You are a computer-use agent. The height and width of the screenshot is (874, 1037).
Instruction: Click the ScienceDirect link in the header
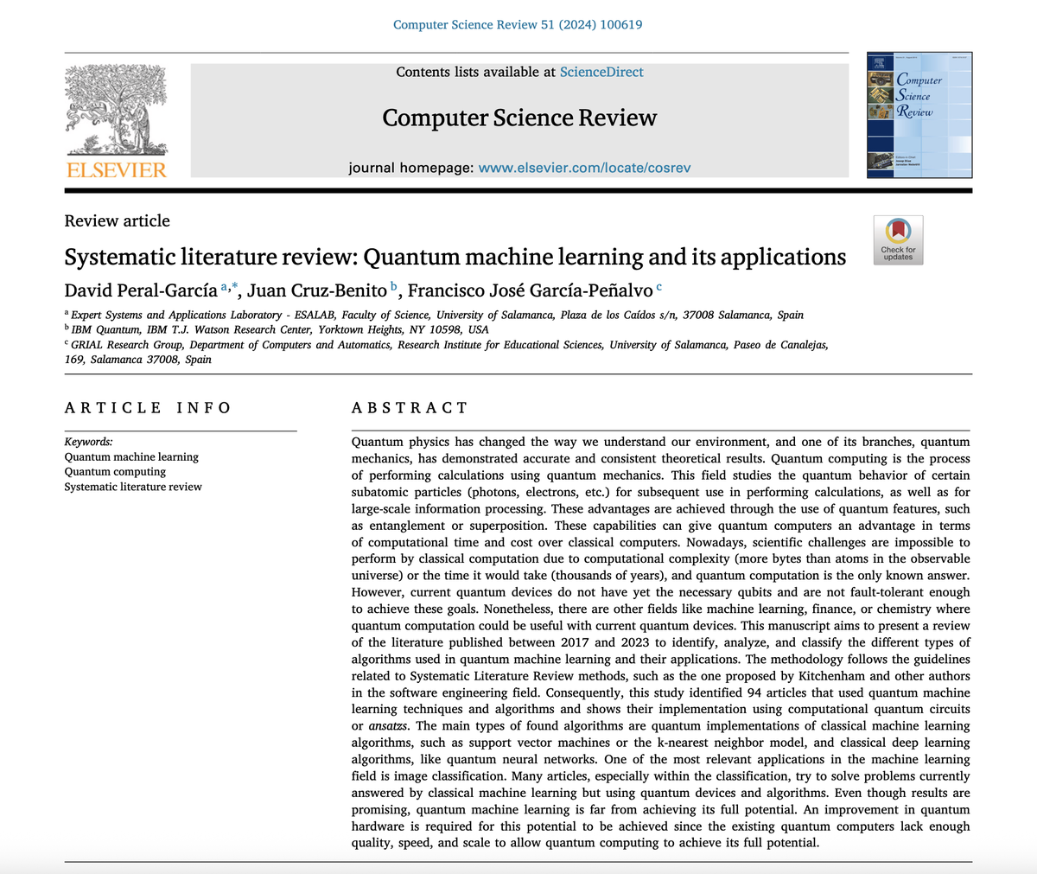coord(601,72)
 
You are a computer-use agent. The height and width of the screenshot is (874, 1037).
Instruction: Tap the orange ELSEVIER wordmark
coord(116,169)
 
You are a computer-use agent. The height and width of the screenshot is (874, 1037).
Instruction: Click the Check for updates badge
coord(899,239)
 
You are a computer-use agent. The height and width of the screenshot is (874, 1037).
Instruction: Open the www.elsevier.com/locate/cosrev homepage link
coord(584,167)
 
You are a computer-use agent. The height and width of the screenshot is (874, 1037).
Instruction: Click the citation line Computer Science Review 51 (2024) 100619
coord(518,24)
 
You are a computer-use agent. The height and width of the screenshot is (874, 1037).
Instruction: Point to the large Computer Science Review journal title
coord(519,118)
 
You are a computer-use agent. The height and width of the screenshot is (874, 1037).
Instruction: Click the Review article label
coord(118,220)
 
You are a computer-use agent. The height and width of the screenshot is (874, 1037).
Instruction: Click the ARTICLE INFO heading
coord(148,408)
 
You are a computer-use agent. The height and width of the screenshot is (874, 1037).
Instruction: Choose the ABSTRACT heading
coord(410,408)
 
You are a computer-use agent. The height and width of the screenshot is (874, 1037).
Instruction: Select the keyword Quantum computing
coord(116,472)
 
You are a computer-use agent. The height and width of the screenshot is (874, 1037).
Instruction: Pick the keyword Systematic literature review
coord(133,487)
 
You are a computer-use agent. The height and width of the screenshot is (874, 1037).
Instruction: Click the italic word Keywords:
coord(89,441)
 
